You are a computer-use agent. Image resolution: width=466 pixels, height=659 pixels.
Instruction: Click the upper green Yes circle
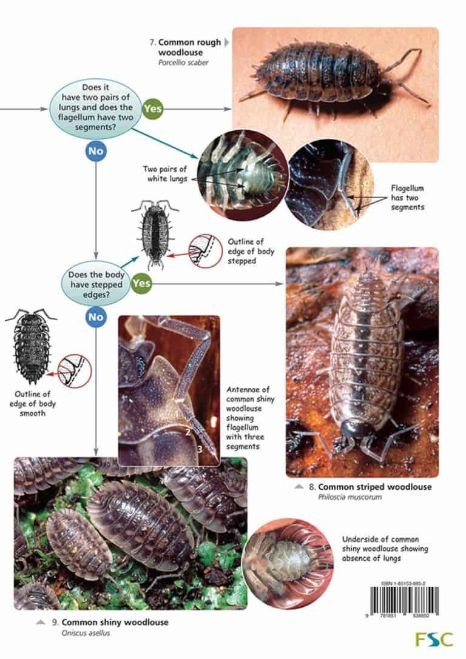click(x=153, y=109)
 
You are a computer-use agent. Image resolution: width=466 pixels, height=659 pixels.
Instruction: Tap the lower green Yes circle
click(x=141, y=283)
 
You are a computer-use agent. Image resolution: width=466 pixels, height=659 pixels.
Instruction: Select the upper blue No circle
click(x=96, y=152)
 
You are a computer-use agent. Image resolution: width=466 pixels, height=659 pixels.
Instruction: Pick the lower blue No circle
click(x=96, y=316)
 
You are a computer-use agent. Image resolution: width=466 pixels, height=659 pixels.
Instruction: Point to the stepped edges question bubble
click(x=96, y=283)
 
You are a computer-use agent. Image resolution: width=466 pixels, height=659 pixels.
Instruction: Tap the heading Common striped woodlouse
click(x=374, y=487)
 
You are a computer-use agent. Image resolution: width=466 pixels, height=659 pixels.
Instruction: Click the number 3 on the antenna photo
click(x=199, y=449)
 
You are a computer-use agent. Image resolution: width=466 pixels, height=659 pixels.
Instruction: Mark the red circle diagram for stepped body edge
click(x=205, y=250)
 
